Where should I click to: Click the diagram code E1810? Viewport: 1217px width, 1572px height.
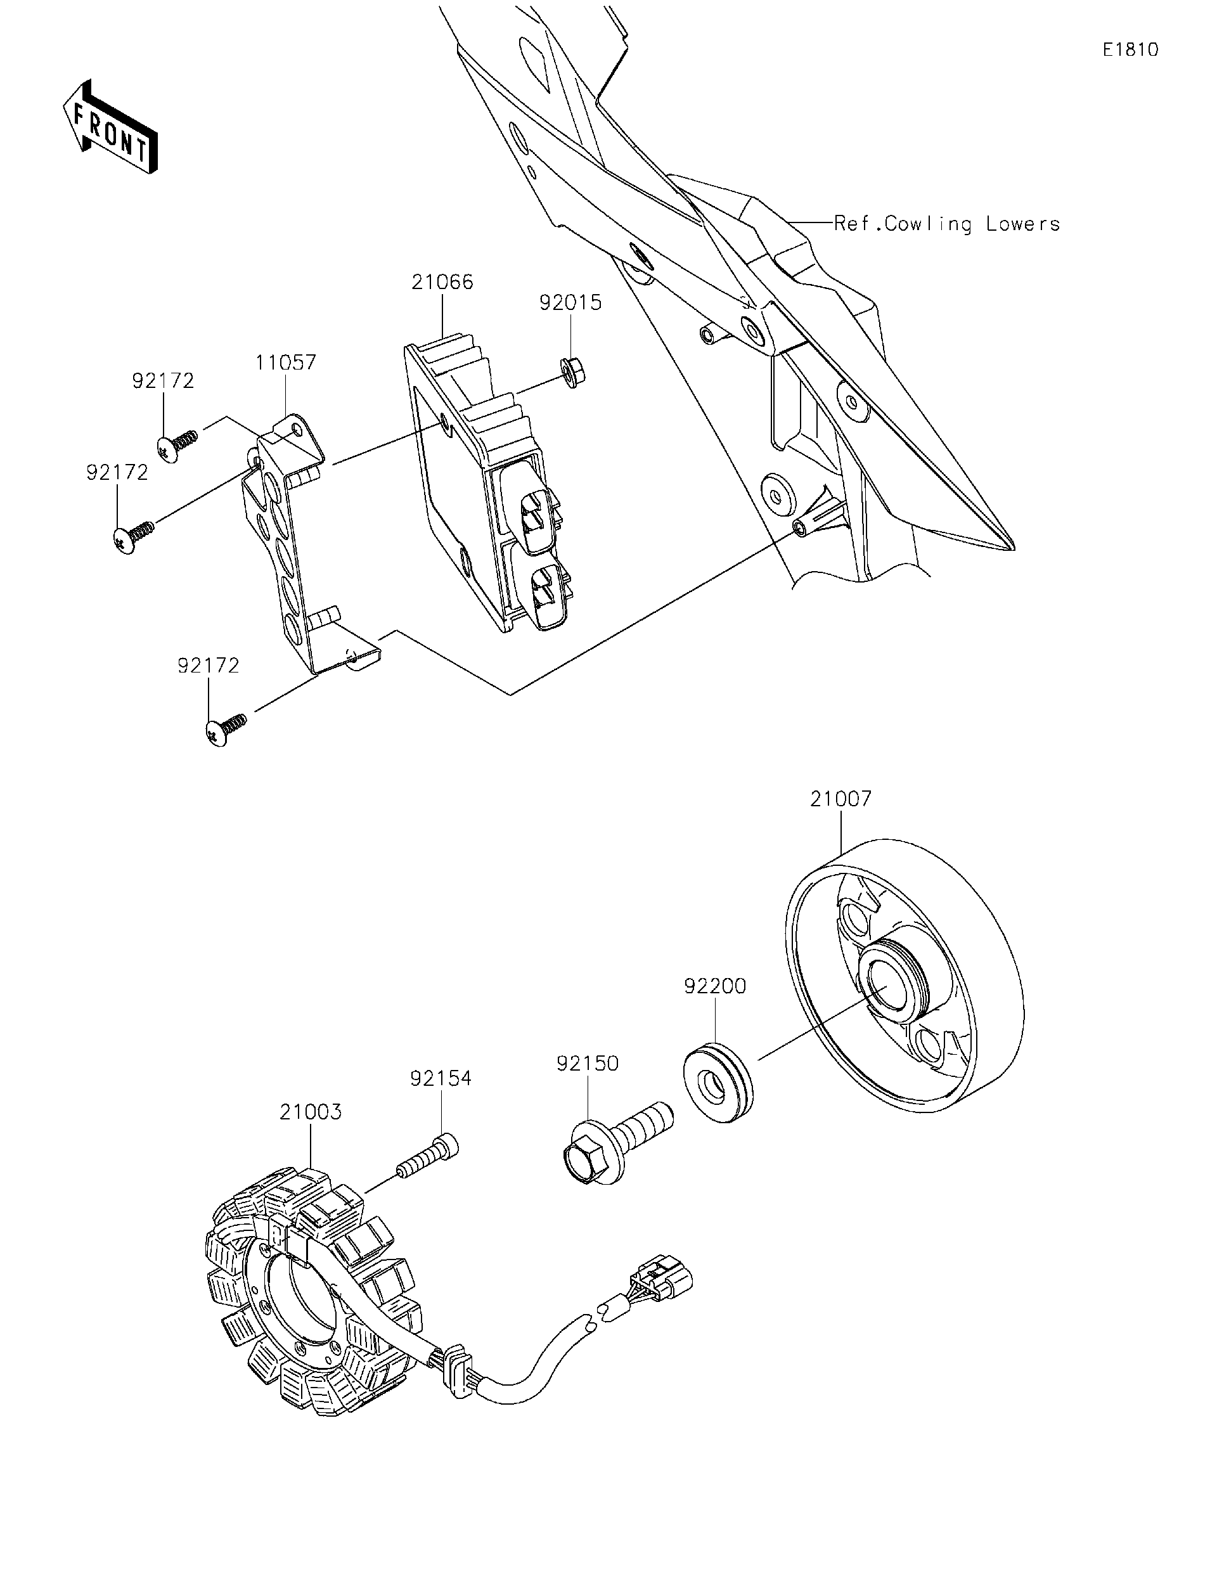1130,49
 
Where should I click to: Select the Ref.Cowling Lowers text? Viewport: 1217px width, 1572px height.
946,224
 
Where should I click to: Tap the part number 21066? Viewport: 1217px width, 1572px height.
442,282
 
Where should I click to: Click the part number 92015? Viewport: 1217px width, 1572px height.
570,303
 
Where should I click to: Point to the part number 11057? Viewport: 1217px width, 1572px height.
285,362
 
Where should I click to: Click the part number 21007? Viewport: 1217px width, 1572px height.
840,798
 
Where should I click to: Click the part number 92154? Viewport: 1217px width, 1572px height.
441,1078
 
